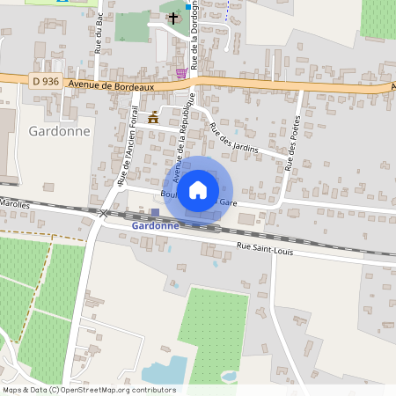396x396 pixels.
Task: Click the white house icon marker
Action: [198, 189]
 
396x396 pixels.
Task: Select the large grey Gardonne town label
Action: [60, 131]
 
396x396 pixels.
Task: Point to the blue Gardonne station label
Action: [155, 225]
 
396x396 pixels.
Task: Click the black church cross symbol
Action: [173, 17]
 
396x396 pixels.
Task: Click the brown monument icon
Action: [154, 117]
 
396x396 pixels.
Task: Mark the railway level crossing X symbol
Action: [104, 213]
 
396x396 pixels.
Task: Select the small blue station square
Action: [156, 212]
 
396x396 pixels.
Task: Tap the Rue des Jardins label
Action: [233, 138]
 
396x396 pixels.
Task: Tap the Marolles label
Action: [15, 203]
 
